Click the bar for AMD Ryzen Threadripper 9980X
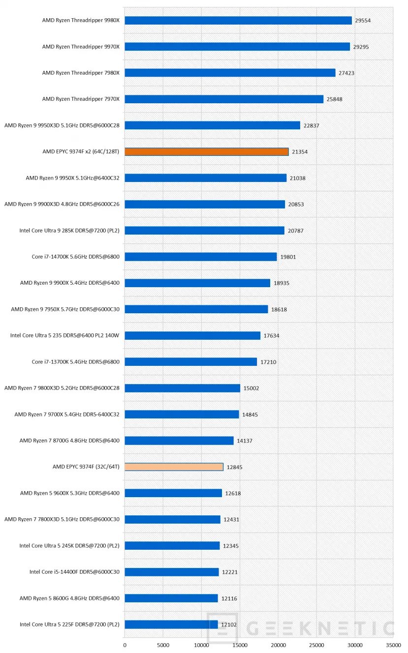(x=238, y=20)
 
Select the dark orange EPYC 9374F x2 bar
(x=207, y=151)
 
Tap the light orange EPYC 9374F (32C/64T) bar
(x=174, y=467)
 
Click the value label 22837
(x=311, y=125)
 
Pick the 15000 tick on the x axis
(x=240, y=645)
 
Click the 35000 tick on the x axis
(x=393, y=645)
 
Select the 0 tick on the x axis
(x=125, y=645)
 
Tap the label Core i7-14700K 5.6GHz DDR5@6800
(x=75, y=256)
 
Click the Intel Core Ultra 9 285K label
(x=69, y=230)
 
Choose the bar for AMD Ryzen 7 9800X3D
(x=182, y=388)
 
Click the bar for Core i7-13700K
(x=190, y=361)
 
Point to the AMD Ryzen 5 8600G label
(x=69, y=598)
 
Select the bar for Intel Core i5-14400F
(x=171, y=572)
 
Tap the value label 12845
(x=234, y=467)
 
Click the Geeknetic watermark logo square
(x=222, y=628)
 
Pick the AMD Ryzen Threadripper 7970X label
(x=81, y=99)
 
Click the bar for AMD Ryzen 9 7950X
(x=196, y=309)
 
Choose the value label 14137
(x=245, y=441)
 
